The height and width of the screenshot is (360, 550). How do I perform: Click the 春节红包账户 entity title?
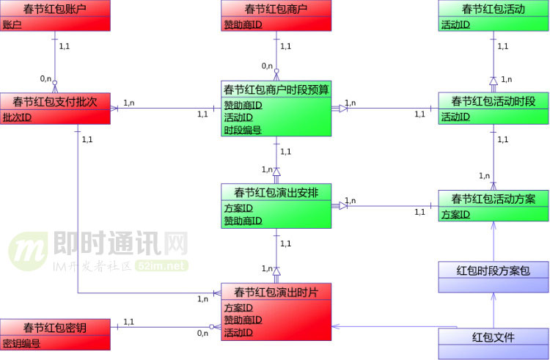click(55, 9)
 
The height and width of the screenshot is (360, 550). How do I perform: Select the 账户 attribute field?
click(12, 24)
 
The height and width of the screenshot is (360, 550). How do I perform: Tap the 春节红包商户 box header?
click(276, 9)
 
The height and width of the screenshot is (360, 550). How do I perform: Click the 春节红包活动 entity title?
click(493, 9)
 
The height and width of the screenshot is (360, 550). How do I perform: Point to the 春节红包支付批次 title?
click(55, 100)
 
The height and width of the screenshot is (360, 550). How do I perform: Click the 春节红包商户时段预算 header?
click(276, 89)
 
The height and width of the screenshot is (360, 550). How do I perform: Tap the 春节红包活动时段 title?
click(493, 100)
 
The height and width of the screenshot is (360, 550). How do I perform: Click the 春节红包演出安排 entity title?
click(276, 193)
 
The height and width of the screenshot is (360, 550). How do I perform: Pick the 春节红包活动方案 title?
click(493, 199)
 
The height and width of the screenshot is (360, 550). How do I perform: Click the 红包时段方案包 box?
click(493, 271)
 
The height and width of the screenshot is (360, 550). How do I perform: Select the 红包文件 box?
click(493, 337)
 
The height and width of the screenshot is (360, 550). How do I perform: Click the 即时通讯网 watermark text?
click(122, 243)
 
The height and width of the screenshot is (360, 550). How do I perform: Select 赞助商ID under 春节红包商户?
click(243, 24)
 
